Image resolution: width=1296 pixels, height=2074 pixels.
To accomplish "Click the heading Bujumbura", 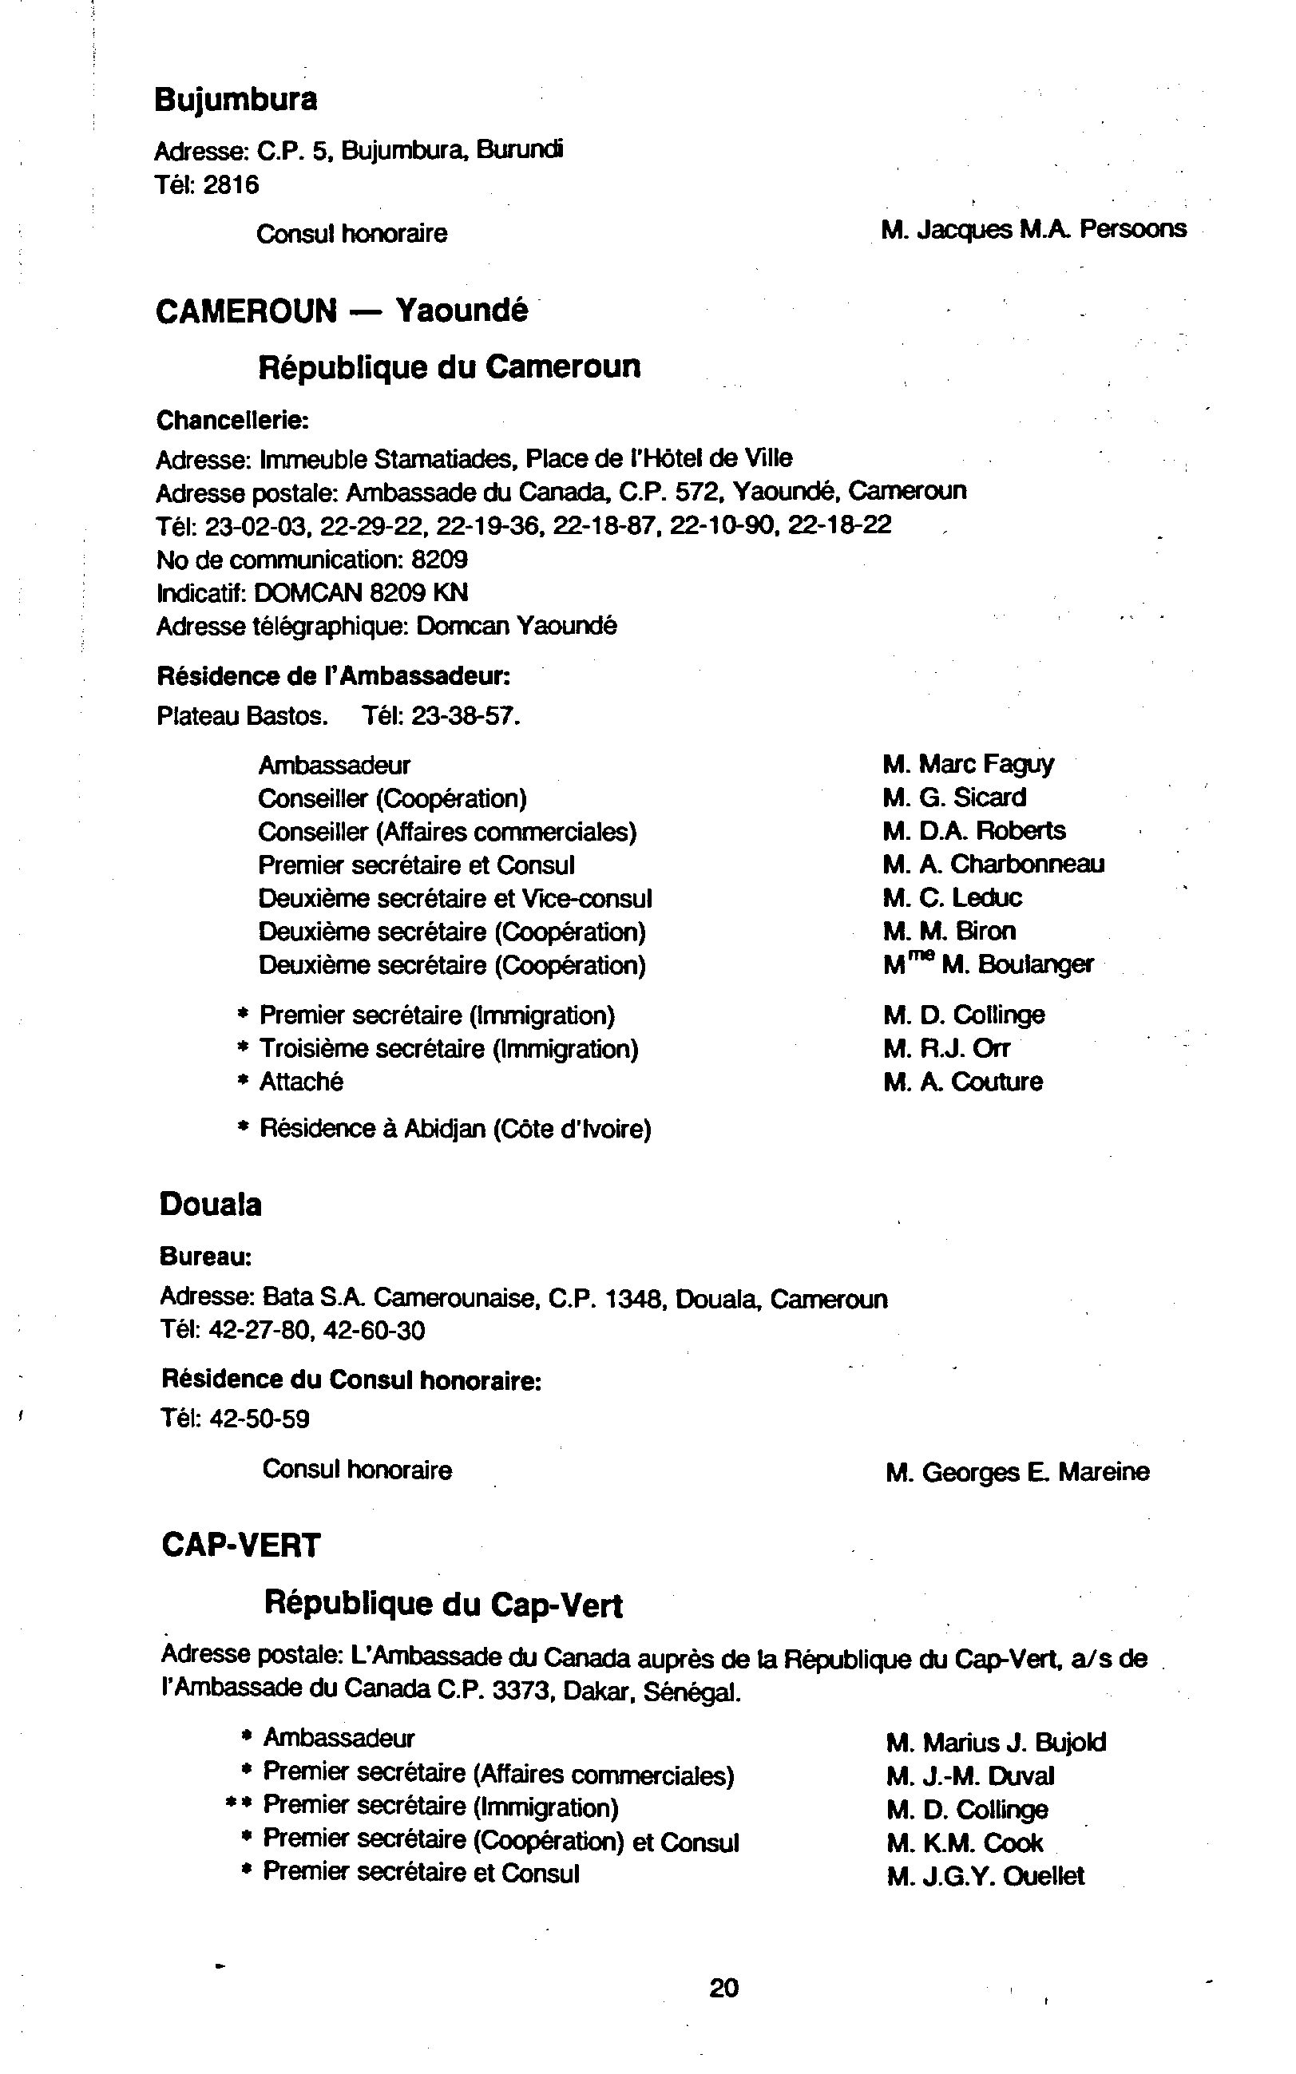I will [236, 101].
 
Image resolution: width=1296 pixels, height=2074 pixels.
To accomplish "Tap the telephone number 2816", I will [231, 185].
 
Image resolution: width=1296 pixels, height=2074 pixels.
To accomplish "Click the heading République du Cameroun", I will [449, 366].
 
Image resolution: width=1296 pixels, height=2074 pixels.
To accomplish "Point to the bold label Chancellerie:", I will [232, 421].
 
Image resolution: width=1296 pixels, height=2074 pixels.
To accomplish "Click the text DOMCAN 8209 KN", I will [362, 593].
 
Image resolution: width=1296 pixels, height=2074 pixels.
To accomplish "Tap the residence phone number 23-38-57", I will [464, 715].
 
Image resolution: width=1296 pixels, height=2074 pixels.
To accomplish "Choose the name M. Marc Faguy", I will [969, 763].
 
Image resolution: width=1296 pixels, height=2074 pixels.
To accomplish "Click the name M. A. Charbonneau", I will [993, 864].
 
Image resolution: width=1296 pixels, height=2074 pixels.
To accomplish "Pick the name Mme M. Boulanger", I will [989, 964].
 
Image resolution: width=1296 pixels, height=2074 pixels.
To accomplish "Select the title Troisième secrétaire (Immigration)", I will [448, 1048].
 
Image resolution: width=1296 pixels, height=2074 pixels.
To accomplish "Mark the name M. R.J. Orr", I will [947, 1048].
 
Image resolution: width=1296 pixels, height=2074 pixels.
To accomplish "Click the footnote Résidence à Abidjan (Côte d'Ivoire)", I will [455, 1129].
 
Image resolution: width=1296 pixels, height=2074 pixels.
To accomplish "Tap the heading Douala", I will [211, 1205].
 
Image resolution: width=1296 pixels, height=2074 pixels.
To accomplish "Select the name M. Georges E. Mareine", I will [1017, 1473].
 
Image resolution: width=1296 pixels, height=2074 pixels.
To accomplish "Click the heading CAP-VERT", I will [241, 1546].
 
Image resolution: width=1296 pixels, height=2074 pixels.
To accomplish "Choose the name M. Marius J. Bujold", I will [996, 1743].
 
